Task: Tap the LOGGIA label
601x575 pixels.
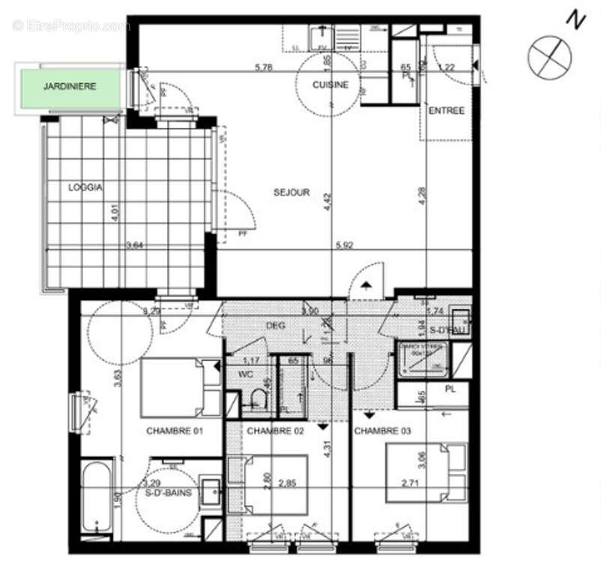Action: [x=84, y=187]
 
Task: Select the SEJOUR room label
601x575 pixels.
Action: [x=291, y=192]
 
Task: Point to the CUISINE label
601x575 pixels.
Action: [x=330, y=85]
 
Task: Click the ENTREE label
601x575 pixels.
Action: [x=447, y=111]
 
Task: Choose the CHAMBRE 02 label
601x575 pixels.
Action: [x=275, y=431]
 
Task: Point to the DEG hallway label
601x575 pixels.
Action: [x=277, y=326]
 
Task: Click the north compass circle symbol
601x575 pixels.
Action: [x=549, y=58]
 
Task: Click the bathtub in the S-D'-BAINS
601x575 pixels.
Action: [x=97, y=498]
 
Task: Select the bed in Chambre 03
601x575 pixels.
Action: [x=426, y=472]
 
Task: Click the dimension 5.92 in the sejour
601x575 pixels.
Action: [x=345, y=245]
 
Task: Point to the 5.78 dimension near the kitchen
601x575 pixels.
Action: [x=264, y=67]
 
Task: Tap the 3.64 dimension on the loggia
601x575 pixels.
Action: [x=135, y=245]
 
